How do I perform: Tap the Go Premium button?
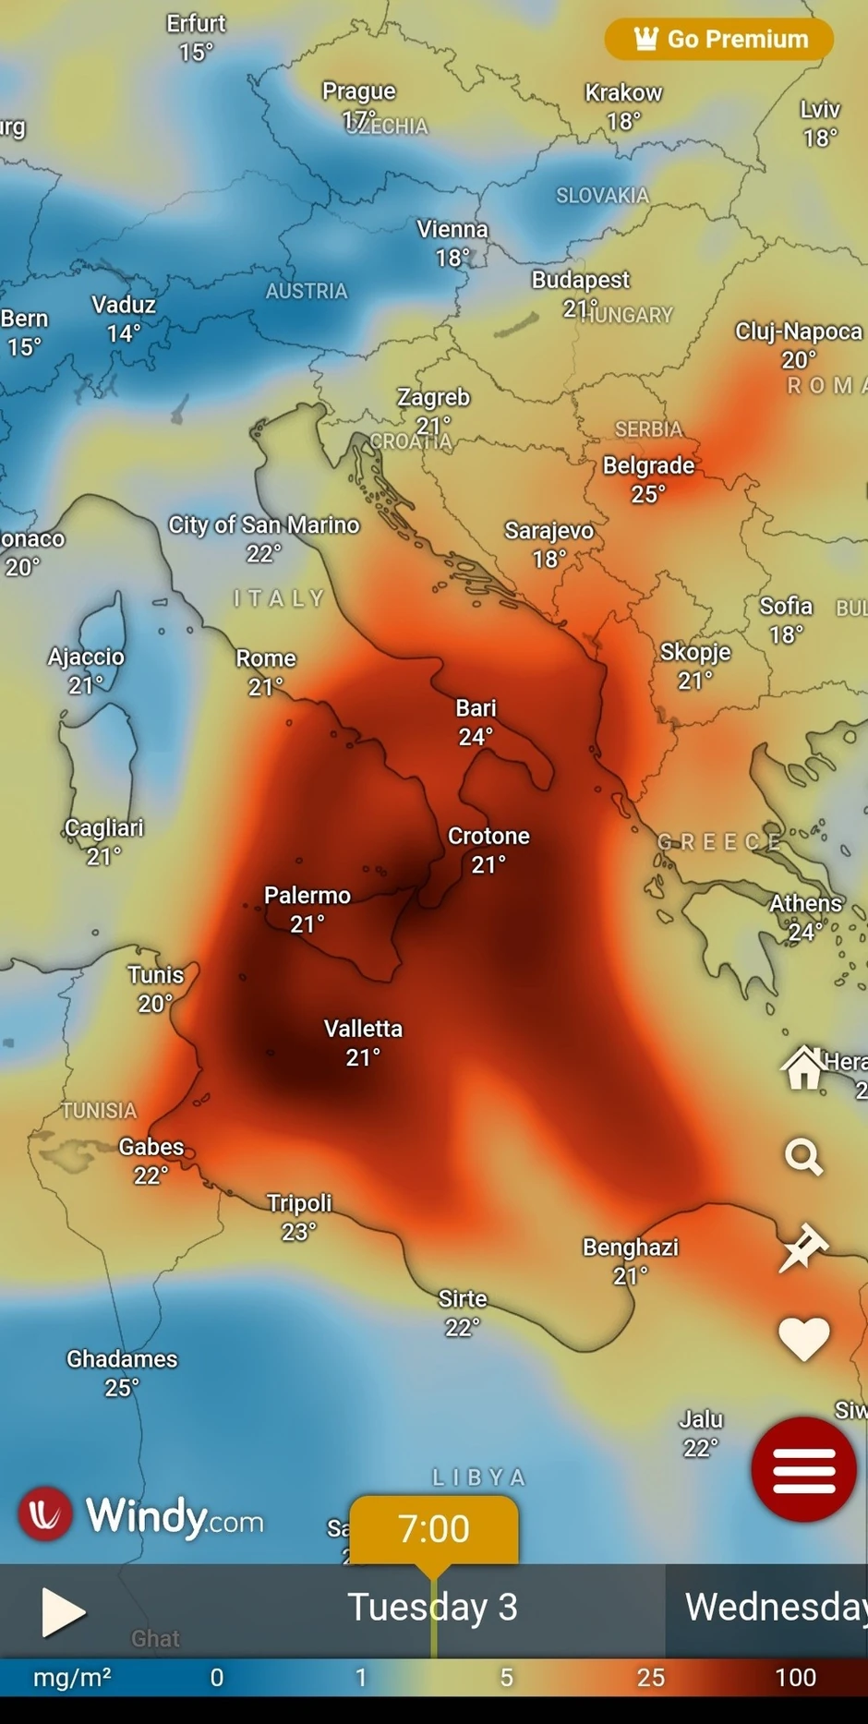coord(719,39)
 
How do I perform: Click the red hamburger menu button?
coord(803,1468)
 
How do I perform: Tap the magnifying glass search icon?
coord(803,1156)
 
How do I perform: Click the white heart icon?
coord(803,1338)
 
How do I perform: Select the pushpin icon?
coord(803,1248)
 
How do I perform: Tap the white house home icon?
coord(803,1068)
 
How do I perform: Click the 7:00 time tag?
coord(434,1529)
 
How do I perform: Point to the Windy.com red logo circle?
coord(45,1514)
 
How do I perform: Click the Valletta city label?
coord(363,1029)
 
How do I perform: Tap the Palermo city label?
coord(307,895)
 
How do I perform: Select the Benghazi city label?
coord(631,1248)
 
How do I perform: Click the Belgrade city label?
coord(648,465)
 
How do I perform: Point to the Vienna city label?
coord(452,229)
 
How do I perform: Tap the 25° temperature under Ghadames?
coord(122,1387)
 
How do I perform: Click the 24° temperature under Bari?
coord(476,736)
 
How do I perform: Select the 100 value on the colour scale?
coord(795,1677)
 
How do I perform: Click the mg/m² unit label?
coord(72,1677)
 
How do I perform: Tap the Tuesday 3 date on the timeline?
coord(432,1608)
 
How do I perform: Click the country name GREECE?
coord(719,842)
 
